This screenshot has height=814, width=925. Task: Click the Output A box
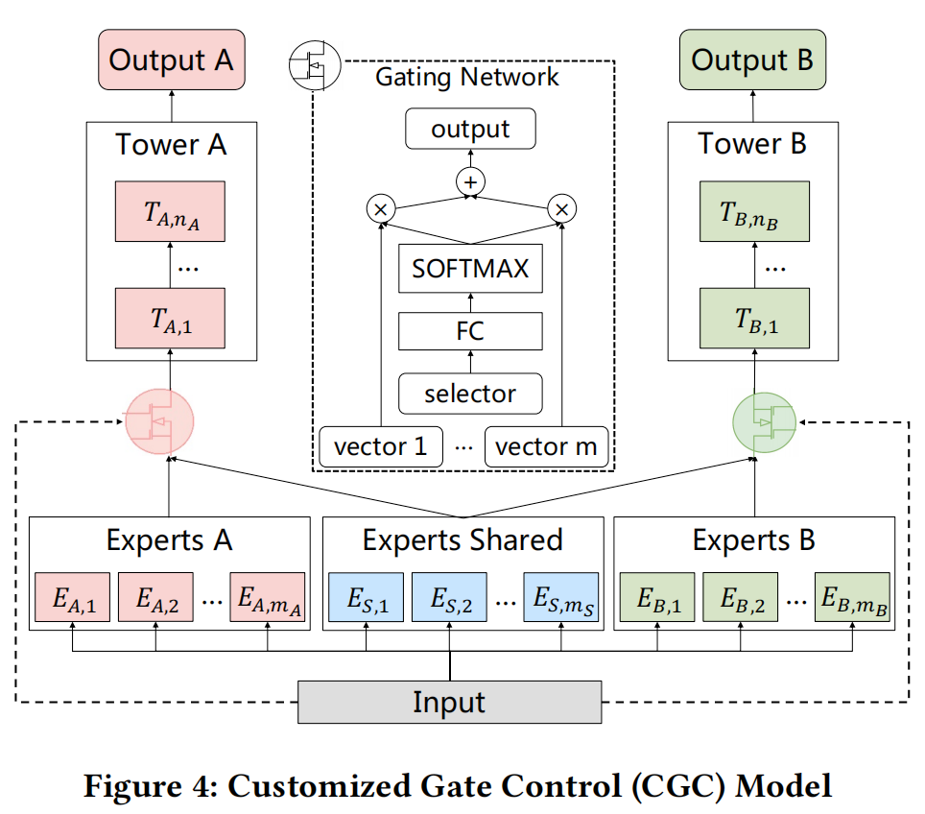(x=171, y=60)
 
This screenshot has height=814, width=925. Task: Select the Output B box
(x=752, y=60)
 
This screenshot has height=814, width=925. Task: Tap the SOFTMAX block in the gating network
(x=470, y=269)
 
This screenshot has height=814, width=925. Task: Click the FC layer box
(x=470, y=331)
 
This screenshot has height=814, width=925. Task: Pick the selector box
(x=470, y=393)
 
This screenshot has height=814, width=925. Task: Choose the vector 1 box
(x=381, y=446)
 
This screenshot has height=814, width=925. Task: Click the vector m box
(x=546, y=446)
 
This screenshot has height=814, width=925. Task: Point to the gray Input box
(x=449, y=702)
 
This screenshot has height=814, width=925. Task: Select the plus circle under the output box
(x=471, y=180)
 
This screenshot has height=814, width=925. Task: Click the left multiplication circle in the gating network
(x=381, y=207)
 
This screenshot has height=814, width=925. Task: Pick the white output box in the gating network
(x=470, y=129)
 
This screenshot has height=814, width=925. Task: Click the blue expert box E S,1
(x=366, y=599)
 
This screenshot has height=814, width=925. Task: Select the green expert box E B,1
(x=657, y=599)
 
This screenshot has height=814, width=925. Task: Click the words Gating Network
(x=467, y=77)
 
